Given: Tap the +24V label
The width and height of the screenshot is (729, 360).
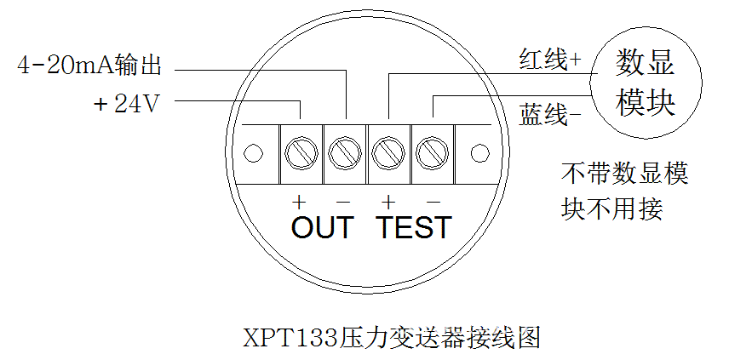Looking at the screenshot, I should coord(125,104).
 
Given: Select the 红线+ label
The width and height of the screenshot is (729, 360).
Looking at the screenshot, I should coord(549,59).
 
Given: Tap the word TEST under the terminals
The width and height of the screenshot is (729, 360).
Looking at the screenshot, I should coord(415,227).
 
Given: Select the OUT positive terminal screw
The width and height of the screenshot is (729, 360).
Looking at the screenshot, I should coord(301,153).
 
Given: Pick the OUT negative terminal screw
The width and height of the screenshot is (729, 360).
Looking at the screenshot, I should coord(345,153).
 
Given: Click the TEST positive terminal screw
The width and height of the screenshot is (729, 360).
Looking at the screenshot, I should coord(388,153).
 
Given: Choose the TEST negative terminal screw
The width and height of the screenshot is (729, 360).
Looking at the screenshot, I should coord(432,153).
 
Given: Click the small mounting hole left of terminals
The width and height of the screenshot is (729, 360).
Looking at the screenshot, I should coord(252,154).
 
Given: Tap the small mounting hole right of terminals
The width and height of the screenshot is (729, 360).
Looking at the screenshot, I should coord(479,154).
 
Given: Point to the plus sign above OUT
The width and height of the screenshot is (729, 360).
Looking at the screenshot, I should coord(298,203).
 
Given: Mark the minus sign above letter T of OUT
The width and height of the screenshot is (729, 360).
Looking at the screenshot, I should coord(343,203).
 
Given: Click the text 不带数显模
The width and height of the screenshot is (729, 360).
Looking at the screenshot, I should coord(624,175).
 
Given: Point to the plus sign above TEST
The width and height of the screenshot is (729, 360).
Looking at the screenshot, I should coord(388,203).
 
